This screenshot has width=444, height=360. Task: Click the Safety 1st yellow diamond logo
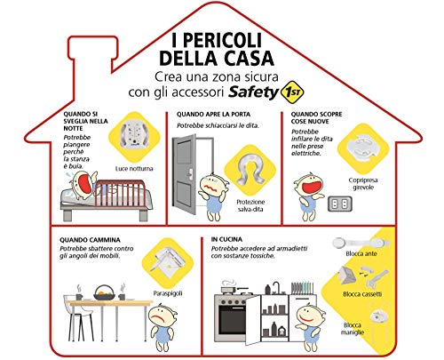pyautogui.click(x=292, y=92)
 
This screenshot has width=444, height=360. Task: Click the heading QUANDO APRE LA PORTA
pyautogui.click(x=213, y=115)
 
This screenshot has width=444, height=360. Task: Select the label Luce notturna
pyautogui.click(x=134, y=169)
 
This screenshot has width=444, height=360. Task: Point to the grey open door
pyautogui.click(x=184, y=174)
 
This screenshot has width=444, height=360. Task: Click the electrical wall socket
pyautogui.click(x=340, y=204)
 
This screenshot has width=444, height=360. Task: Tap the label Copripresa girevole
pyautogui.click(x=363, y=184)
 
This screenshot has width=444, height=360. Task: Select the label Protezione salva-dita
pyautogui.click(x=250, y=205)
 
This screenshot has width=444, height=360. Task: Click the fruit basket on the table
pyautogui.click(x=104, y=292)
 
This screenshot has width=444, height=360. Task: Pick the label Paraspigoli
pyautogui.click(x=168, y=293)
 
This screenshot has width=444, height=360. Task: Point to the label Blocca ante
pyautogui.click(x=361, y=253)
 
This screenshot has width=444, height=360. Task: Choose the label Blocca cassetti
pyautogui.click(x=362, y=294)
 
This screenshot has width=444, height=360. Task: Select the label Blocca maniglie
pyautogui.click(x=353, y=329)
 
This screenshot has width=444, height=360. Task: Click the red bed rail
pyautogui.click(x=120, y=194)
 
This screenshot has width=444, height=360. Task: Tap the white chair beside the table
pyautogui.click(x=77, y=317)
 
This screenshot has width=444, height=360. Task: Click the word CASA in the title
pyautogui.click(x=248, y=58)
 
